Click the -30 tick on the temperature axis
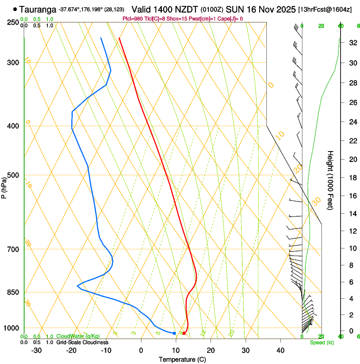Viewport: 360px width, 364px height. [36, 350]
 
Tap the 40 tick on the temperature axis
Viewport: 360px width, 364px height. [280, 350]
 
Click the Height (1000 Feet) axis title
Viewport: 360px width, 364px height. [330, 180]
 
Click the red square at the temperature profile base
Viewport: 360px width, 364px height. [184, 333]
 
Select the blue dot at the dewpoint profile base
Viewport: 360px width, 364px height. [174, 333]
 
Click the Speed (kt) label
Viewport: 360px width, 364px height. [322, 342]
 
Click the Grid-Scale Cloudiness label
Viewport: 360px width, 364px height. [82, 342]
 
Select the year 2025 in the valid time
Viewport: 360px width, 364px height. [286, 9]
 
